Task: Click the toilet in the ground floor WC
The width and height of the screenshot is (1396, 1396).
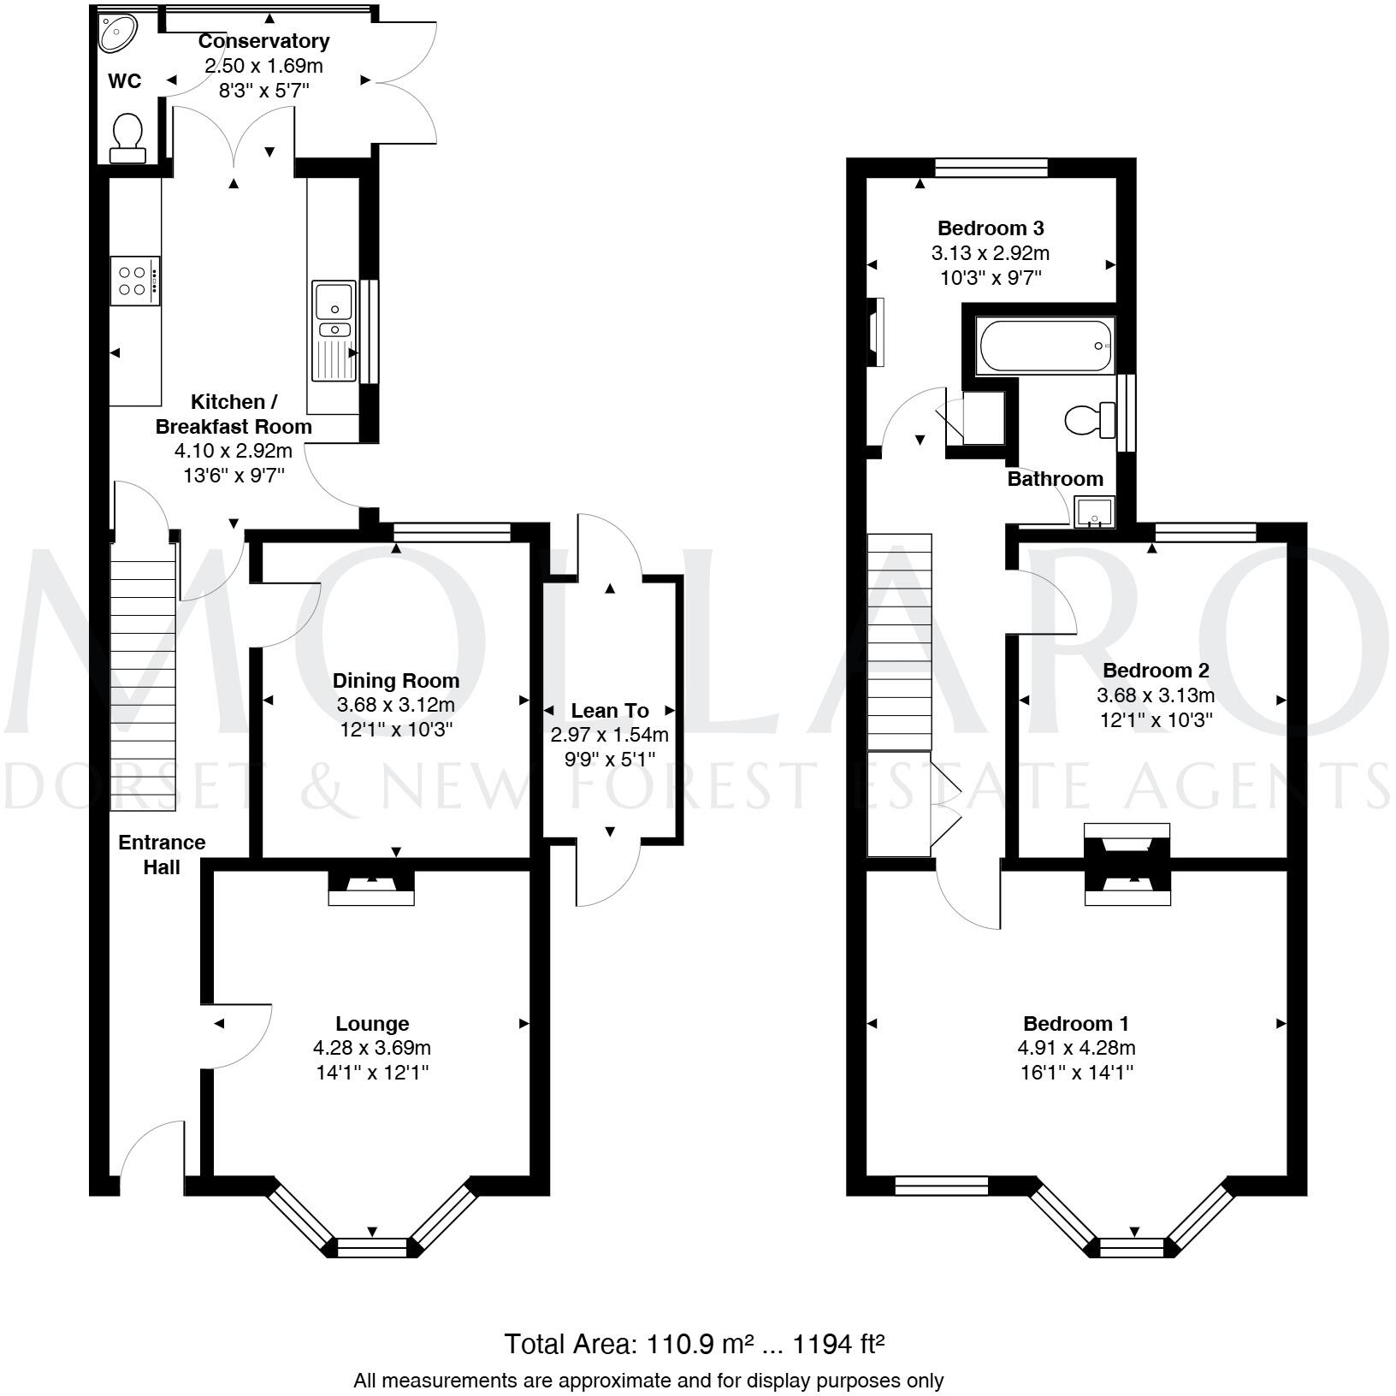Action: pyautogui.click(x=128, y=139)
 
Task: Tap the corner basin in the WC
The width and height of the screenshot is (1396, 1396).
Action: pyautogui.click(x=116, y=33)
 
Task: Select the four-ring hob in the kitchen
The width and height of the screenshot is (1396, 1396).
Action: pyautogui.click(x=135, y=280)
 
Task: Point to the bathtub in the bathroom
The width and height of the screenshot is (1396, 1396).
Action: pyautogui.click(x=1046, y=346)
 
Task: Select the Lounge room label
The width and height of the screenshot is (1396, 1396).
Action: pyautogui.click(x=372, y=1023)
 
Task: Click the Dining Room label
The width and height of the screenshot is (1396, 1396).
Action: pyautogui.click(x=396, y=681)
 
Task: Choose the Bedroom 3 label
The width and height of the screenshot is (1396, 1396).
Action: pyautogui.click(x=991, y=228)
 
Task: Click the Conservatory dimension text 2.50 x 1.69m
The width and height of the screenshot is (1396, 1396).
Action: pyautogui.click(x=263, y=66)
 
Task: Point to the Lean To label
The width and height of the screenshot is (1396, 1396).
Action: pyautogui.click(x=610, y=711)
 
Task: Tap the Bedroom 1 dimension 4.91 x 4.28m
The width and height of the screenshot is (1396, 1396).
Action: pyautogui.click(x=1076, y=1048)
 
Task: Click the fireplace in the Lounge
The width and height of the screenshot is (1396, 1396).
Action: pyautogui.click(x=372, y=887)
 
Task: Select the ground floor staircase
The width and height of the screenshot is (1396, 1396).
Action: pyautogui.click(x=143, y=676)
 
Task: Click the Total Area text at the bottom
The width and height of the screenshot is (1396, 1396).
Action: pyautogui.click(x=694, y=1344)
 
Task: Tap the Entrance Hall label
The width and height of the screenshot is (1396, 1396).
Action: pyautogui.click(x=162, y=855)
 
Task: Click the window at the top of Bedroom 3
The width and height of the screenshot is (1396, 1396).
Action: pyautogui.click(x=991, y=168)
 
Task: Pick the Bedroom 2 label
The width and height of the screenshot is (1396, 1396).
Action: pyautogui.click(x=1156, y=671)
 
